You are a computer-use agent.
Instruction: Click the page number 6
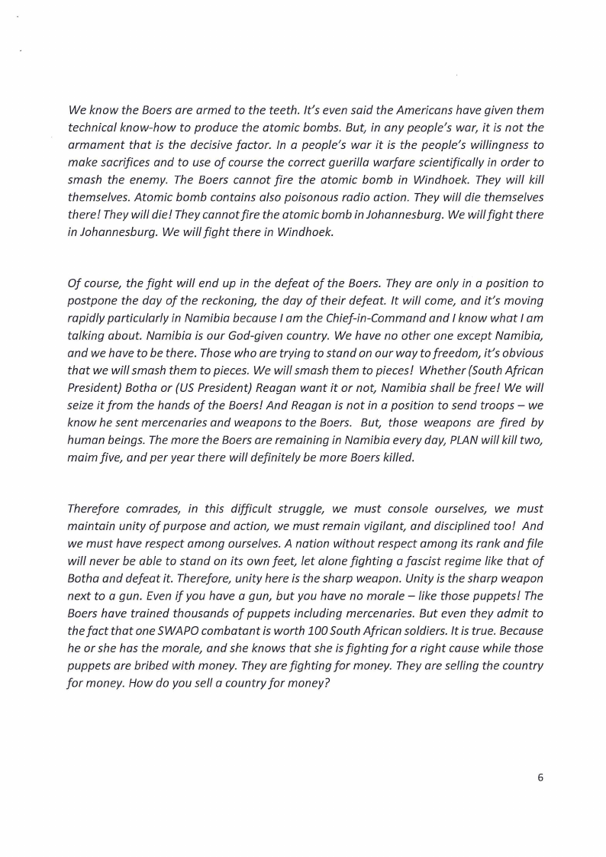click(x=540, y=778)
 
